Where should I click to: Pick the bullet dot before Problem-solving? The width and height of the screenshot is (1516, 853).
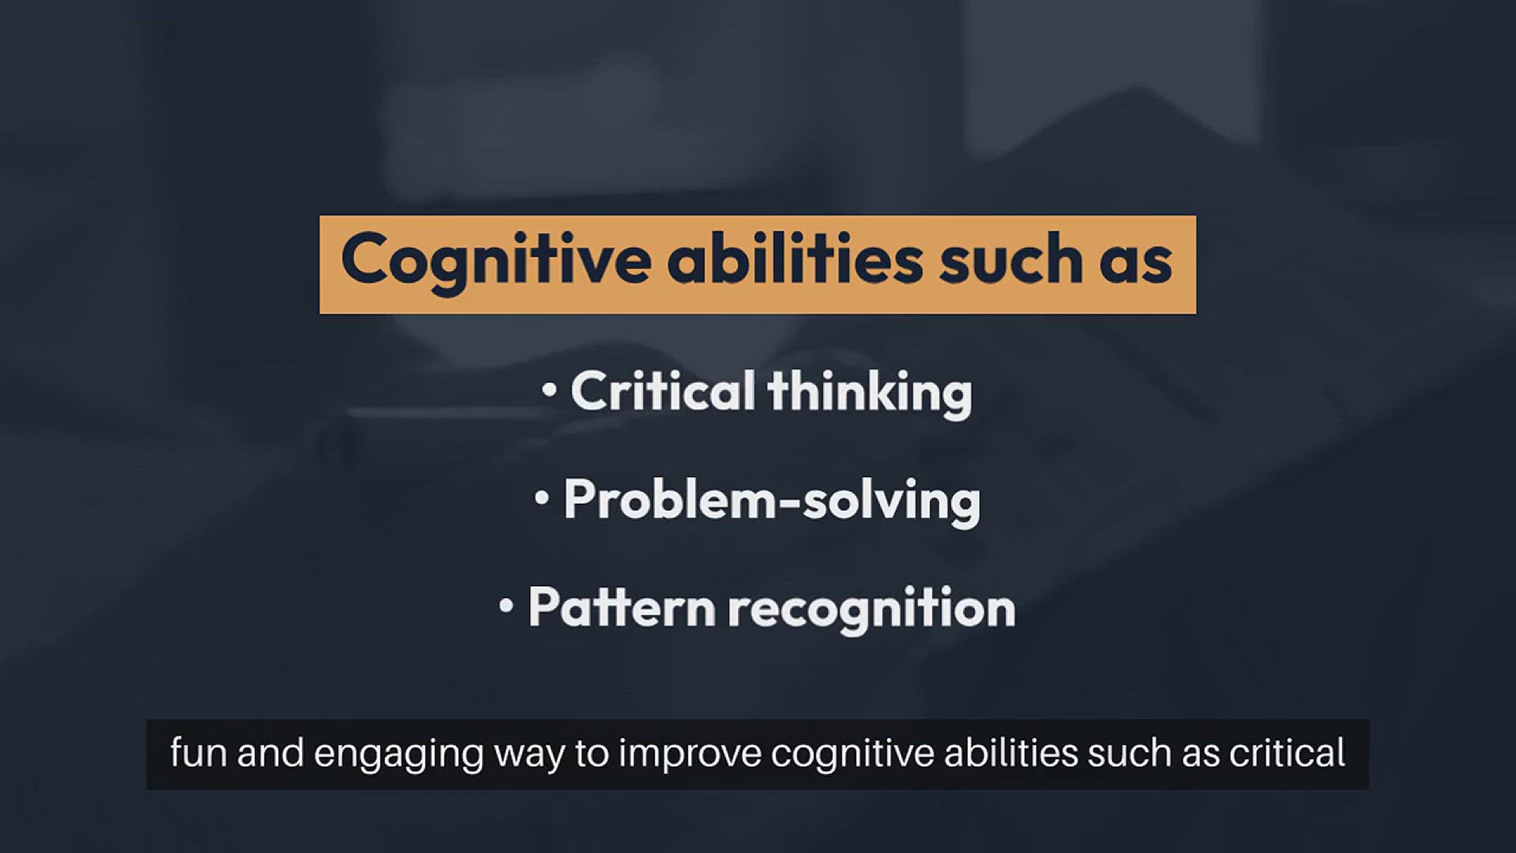coord(541,498)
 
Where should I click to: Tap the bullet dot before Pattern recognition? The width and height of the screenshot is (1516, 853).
coord(506,607)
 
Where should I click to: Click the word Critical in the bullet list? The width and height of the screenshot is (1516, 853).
coord(662,390)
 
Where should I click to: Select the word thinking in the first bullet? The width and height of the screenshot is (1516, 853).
coord(869,393)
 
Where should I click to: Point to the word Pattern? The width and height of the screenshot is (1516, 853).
coord(621,607)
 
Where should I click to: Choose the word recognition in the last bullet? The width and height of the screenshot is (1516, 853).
coord(872,611)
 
